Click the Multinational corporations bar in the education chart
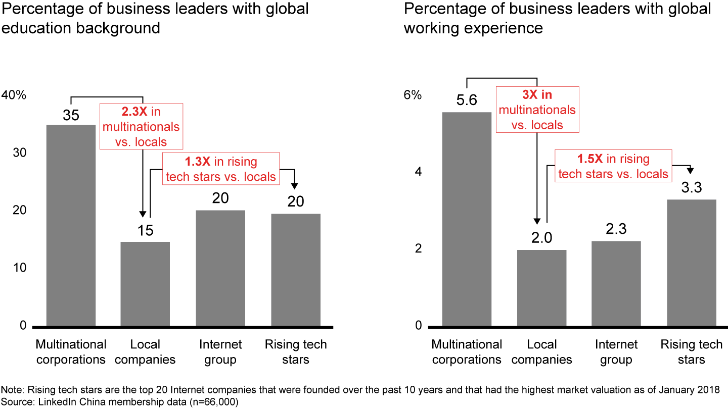(71, 225)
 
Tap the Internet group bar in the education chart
(220, 268)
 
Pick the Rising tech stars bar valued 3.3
(692, 263)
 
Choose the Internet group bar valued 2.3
(616, 283)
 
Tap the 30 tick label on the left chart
(19, 153)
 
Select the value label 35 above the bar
(71, 115)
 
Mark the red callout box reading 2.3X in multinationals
(141, 126)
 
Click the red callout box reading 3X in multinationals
(537, 110)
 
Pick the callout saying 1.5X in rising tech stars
(613, 166)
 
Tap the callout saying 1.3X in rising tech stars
(221, 169)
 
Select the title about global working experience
(557, 18)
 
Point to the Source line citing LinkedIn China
(120, 402)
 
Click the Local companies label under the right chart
(541, 352)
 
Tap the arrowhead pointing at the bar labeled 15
(144, 213)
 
